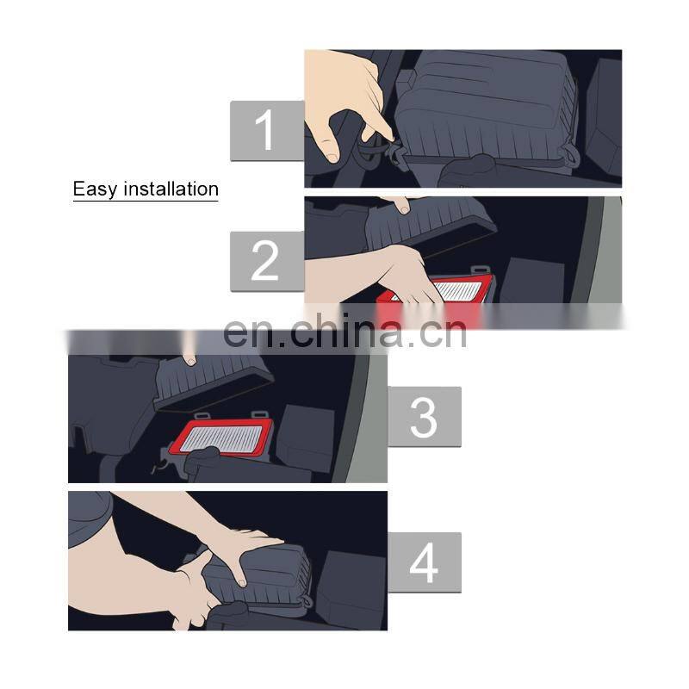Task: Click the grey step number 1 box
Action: (x=267, y=131)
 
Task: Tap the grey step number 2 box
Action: (x=267, y=262)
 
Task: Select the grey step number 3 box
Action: (x=425, y=417)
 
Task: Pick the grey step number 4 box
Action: (x=425, y=562)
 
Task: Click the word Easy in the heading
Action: (x=95, y=189)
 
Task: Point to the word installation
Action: (x=171, y=189)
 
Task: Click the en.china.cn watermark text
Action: (x=345, y=332)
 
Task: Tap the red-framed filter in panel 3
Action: (x=225, y=438)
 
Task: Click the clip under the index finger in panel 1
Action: (x=397, y=154)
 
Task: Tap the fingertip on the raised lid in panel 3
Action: (x=190, y=361)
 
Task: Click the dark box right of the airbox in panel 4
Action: (x=351, y=589)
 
